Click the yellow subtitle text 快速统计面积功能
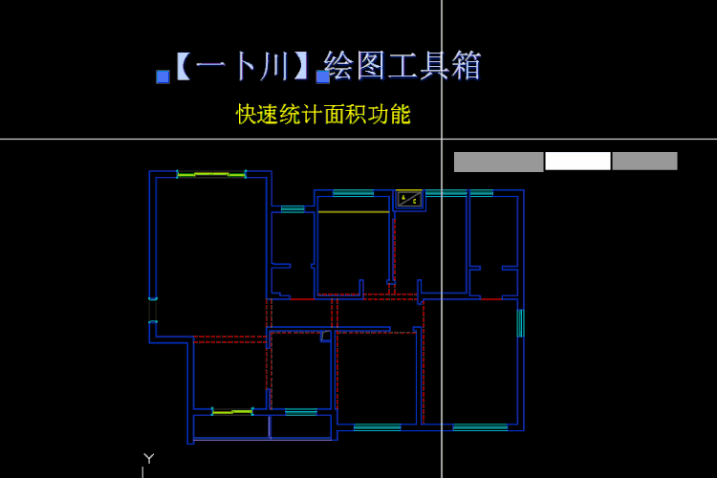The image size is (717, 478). (323, 115)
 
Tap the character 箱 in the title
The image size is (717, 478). (466, 65)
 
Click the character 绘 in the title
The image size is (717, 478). (338, 65)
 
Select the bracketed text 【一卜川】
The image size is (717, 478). (242, 66)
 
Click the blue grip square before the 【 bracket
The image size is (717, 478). (163, 76)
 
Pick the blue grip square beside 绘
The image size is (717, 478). (323, 76)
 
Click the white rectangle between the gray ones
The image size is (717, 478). (577, 161)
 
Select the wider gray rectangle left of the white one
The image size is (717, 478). (498, 162)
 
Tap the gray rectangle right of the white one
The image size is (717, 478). (644, 161)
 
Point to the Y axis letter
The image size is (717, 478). (148, 458)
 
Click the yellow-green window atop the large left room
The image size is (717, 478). (211, 174)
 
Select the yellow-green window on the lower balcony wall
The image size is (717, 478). (232, 412)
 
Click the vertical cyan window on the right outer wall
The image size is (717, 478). (520, 323)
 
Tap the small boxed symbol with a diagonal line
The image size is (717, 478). (409, 199)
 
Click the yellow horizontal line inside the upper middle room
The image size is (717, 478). (354, 212)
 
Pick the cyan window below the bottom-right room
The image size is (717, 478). (480, 427)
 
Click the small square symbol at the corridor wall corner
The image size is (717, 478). (326, 336)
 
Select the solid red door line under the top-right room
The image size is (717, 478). (491, 298)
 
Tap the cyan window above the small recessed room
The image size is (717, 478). (293, 209)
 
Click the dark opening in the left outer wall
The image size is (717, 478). (153, 310)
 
